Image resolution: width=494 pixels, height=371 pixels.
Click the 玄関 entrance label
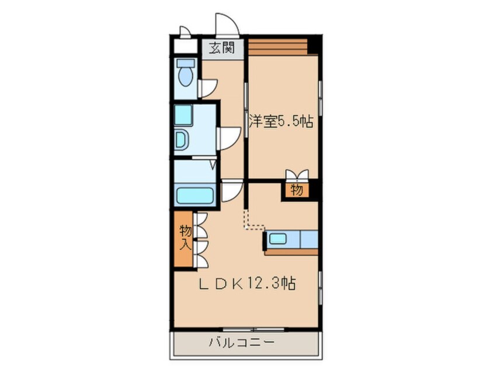pos(222,48)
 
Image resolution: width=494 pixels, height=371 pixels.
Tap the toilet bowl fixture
pos(186,74)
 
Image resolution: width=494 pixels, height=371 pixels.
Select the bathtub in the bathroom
pos(196,194)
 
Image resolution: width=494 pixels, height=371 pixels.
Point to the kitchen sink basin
pos(277,239)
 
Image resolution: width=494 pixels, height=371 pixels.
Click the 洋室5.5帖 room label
pos(281,122)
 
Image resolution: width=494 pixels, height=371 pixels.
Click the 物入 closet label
pos(185,236)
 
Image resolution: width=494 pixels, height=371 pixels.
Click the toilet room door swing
pos(208,87)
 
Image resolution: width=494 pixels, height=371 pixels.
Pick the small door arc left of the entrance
pos(185,32)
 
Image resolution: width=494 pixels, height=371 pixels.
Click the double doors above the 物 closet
pos(297,175)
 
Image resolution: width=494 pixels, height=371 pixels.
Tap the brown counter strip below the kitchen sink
pos(291,252)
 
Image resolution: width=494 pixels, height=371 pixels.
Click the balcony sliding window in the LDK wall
pos(245,328)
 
